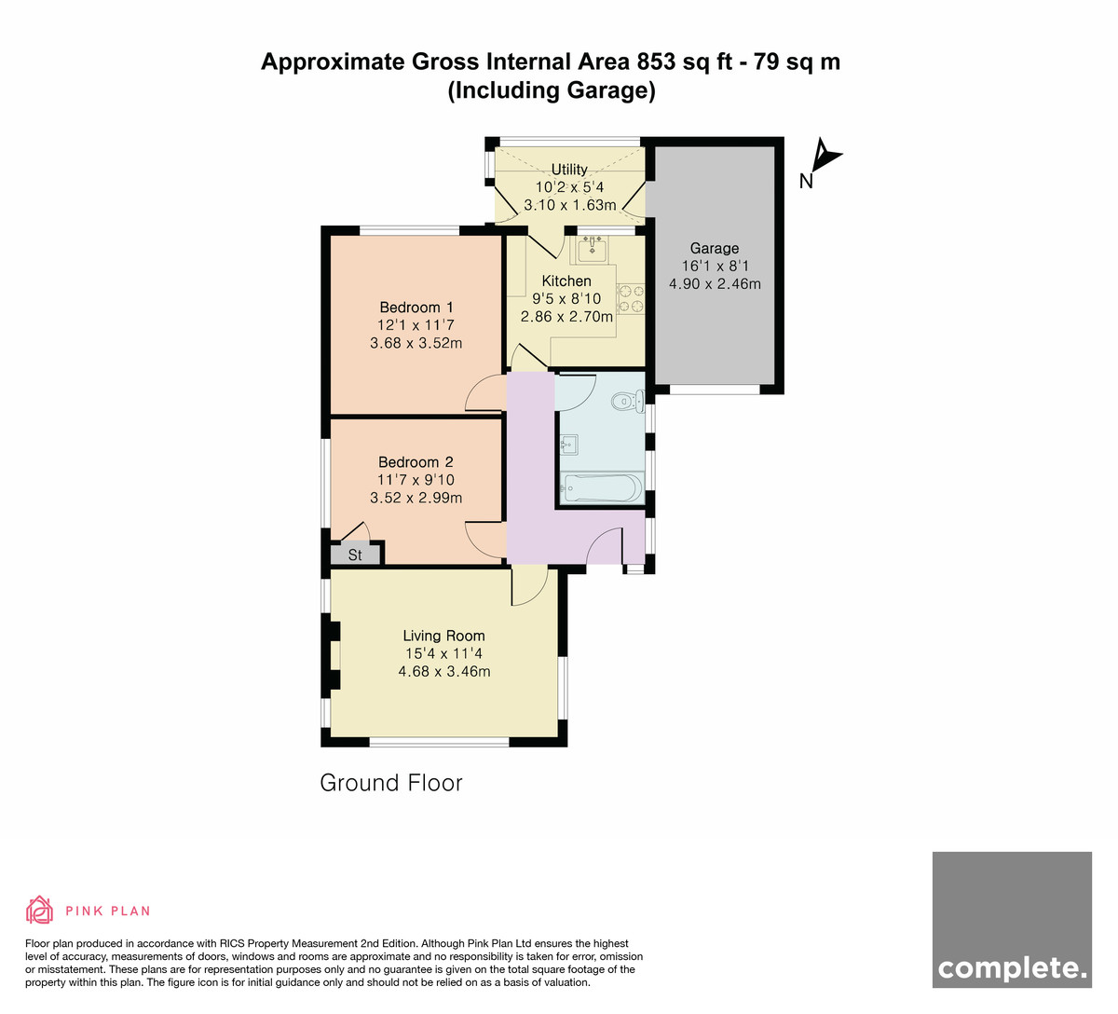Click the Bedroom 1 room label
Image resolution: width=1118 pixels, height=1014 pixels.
coord(416,308)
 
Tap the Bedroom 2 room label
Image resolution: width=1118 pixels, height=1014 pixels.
coord(416,462)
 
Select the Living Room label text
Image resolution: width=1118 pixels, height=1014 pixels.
coord(443,636)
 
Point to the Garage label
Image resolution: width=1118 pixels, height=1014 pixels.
coord(715,249)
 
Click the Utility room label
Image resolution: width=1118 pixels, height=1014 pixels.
coord(569,169)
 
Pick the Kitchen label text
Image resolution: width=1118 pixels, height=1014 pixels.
coord(566,281)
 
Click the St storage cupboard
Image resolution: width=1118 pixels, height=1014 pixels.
coord(356,555)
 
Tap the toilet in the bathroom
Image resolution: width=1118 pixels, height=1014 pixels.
coord(628,401)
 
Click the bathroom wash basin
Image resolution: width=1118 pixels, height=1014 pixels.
coord(569,445)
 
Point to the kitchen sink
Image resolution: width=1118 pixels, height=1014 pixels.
coord(593,249)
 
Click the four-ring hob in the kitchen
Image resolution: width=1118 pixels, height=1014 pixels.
coord(631,298)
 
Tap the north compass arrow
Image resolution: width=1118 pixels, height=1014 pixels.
coord(825,155)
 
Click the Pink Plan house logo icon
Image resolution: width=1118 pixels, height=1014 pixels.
coord(39,910)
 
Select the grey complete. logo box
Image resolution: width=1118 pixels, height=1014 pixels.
coord(1012,920)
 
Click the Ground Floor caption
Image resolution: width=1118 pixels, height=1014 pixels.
coord(391,783)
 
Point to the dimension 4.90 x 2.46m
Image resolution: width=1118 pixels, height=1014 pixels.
coord(715,284)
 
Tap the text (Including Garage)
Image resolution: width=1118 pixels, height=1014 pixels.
coord(552,90)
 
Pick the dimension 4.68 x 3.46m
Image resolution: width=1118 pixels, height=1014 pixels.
coord(444,672)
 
